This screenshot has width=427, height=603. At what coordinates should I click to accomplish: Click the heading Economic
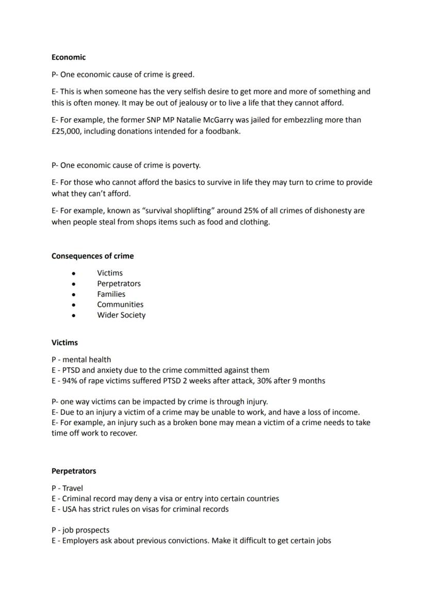[x=69, y=57]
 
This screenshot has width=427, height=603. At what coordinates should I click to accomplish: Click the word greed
[x=183, y=75]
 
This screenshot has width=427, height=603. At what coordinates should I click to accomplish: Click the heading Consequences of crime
[x=92, y=256]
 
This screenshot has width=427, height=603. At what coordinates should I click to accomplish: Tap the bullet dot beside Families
[x=74, y=295]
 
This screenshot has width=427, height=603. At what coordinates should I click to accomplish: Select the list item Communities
[x=120, y=305]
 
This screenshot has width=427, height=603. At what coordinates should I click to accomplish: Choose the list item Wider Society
[x=121, y=315]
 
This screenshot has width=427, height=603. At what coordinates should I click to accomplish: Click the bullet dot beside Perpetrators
[x=74, y=284]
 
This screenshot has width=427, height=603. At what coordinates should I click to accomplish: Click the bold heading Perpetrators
[x=74, y=471]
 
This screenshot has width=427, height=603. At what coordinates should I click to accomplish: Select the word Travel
[x=72, y=488]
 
